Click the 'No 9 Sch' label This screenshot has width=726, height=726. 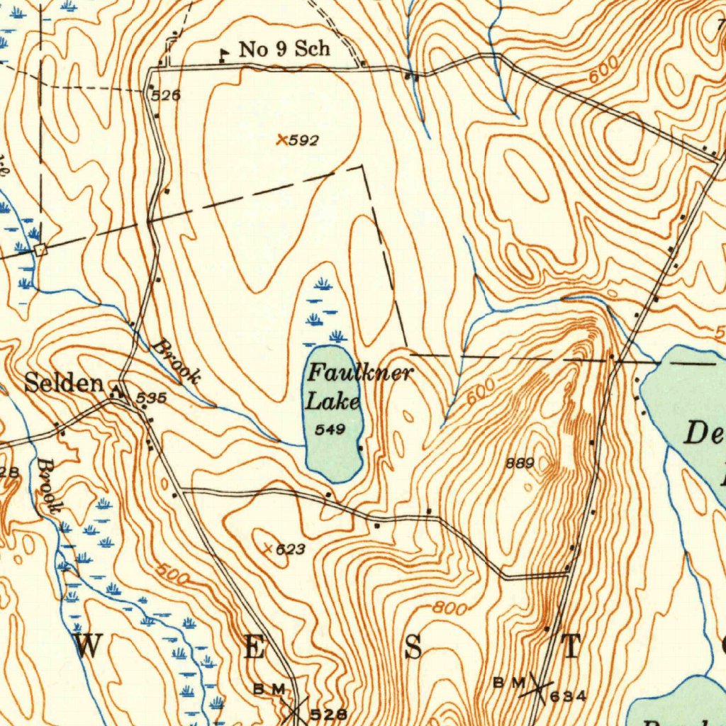click(284, 49)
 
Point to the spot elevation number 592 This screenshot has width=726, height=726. click(304, 140)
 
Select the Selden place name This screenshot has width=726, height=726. click(64, 384)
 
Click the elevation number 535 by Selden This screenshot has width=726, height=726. click(151, 399)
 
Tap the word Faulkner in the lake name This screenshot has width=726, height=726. click(359, 372)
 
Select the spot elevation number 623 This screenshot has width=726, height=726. click(289, 549)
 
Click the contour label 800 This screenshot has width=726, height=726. click(450, 608)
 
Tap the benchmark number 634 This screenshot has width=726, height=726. click(568, 696)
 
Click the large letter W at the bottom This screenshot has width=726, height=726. click(88, 647)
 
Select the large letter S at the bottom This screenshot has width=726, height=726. click(413, 647)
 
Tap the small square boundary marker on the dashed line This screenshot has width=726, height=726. click(40, 249)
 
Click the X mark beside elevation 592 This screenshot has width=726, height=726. click(282, 140)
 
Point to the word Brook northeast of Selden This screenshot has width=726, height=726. click(176, 362)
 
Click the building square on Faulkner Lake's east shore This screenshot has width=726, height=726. click(361, 448)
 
